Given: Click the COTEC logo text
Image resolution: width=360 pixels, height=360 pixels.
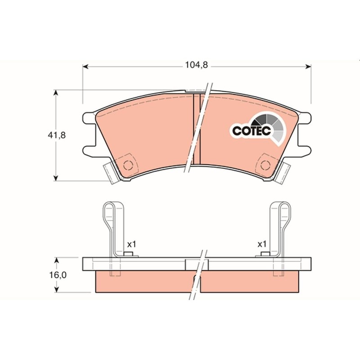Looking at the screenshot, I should (x=251, y=130).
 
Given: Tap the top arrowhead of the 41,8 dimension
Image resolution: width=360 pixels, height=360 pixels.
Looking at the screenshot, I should (x=55, y=93).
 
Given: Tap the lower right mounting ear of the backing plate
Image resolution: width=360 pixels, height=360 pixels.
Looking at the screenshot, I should (x=305, y=150).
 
